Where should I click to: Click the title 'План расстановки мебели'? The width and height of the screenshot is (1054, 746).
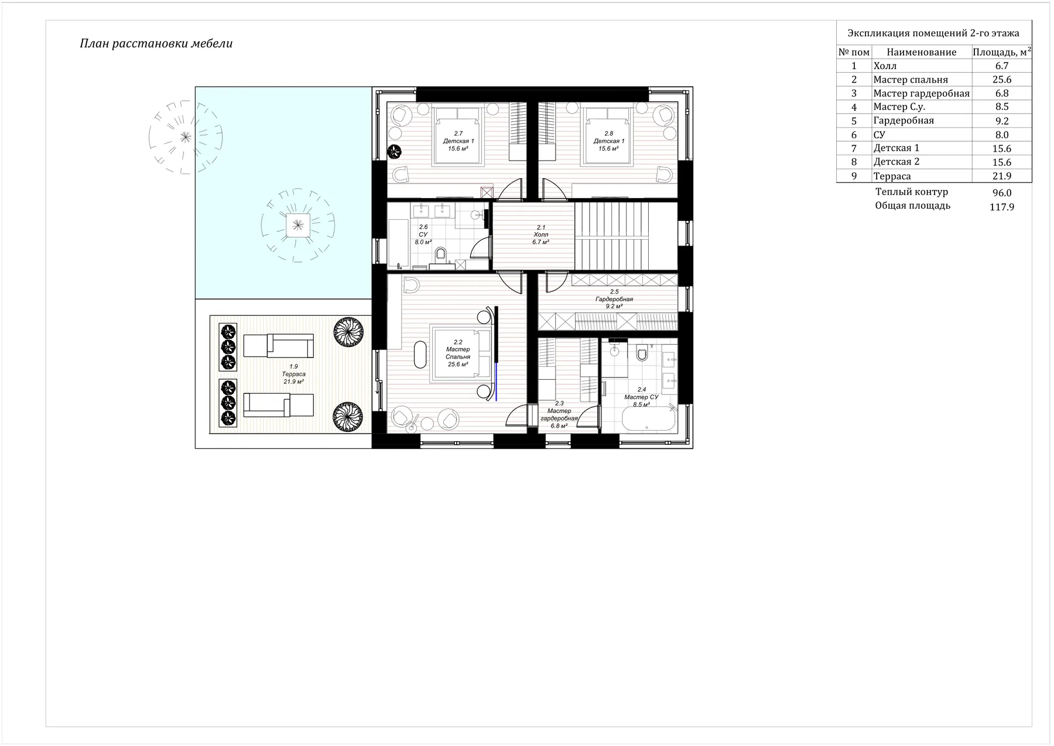(156, 44)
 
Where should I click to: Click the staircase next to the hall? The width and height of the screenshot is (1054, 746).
(626, 236)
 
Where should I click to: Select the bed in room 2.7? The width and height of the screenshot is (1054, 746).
(458, 135)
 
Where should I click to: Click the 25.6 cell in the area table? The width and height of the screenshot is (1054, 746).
(1002, 80)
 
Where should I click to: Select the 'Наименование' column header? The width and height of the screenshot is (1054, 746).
(922, 52)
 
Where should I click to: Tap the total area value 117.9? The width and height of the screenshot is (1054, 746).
(1002, 207)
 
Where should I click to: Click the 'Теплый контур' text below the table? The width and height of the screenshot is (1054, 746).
(912, 192)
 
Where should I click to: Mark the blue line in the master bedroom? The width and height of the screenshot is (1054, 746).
(497, 380)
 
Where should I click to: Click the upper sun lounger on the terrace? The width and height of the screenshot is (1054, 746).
(278, 346)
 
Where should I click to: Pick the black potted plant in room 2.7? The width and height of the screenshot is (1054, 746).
(395, 152)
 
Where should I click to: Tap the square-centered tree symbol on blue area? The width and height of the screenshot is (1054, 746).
(297, 225)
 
